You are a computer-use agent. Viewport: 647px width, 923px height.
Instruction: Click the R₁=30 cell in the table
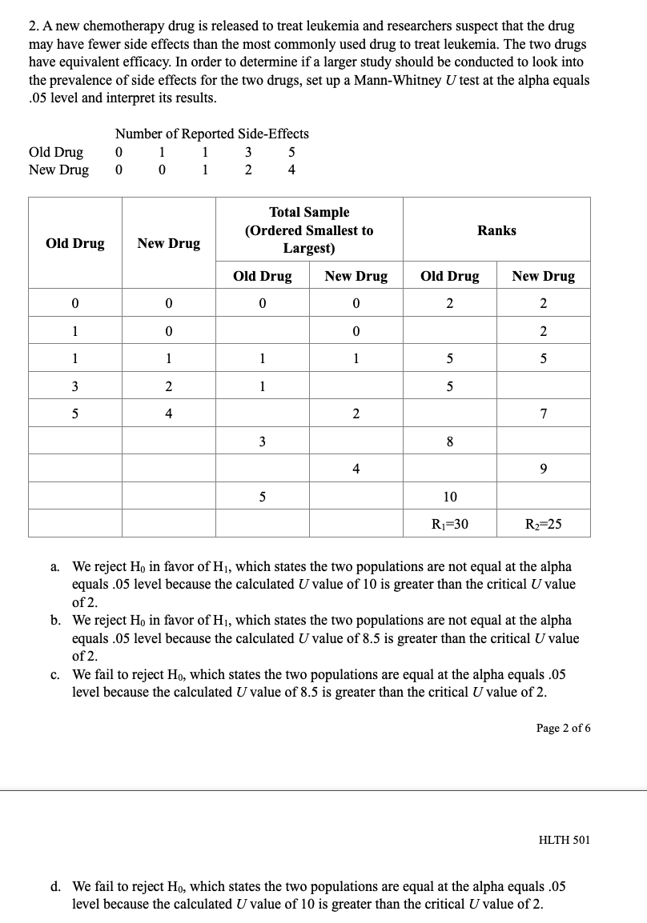449,524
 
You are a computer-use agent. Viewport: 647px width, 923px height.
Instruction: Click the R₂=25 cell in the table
543,524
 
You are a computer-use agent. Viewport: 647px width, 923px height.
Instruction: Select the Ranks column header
496,230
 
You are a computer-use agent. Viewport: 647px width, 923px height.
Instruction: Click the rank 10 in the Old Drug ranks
449,497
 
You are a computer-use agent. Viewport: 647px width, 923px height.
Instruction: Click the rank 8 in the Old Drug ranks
449,442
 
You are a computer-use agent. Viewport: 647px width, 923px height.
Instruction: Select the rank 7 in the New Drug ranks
543,414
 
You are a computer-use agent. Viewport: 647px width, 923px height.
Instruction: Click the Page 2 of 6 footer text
563,728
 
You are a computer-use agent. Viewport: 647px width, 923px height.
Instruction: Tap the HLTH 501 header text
564,839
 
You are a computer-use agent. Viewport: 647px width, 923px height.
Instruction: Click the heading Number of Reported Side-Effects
211,134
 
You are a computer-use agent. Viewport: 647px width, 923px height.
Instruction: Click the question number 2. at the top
34,27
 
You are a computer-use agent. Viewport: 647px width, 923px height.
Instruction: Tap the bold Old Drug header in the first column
75,243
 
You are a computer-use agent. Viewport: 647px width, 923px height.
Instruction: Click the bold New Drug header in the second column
168,243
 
